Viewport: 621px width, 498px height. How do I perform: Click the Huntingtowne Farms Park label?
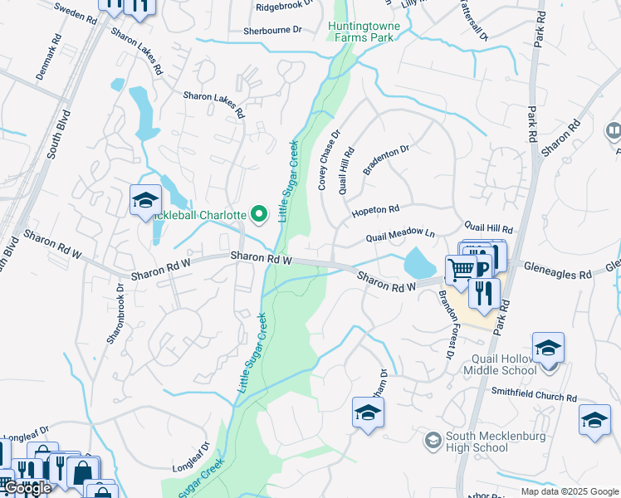coord(364,31)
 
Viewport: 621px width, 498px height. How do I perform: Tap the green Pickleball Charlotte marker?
coord(259,215)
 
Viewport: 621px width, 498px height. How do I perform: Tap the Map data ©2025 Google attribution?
coord(570,491)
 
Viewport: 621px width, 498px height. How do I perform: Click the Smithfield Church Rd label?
coord(533,394)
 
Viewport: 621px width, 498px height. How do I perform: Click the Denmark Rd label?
coord(49,57)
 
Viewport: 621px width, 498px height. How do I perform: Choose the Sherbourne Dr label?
coord(272,30)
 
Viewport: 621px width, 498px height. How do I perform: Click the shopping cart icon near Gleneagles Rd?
coord(461,268)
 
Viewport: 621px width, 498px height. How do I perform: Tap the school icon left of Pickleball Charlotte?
coord(145,200)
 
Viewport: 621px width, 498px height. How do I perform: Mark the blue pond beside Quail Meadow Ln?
coord(418,265)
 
